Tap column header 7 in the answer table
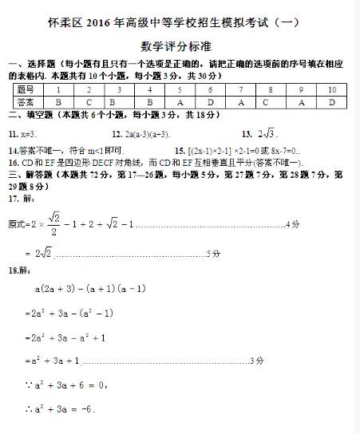pyautogui.click(x=241, y=90)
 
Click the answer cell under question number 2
pyautogui.click(x=89, y=102)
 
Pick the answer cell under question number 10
pyautogui.click(x=331, y=102)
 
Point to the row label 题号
pyautogui.click(x=26, y=90)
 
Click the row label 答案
pyautogui.click(x=26, y=102)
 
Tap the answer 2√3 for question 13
pyautogui.click(x=265, y=133)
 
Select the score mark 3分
pyautogui.click(x=257, y=361)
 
